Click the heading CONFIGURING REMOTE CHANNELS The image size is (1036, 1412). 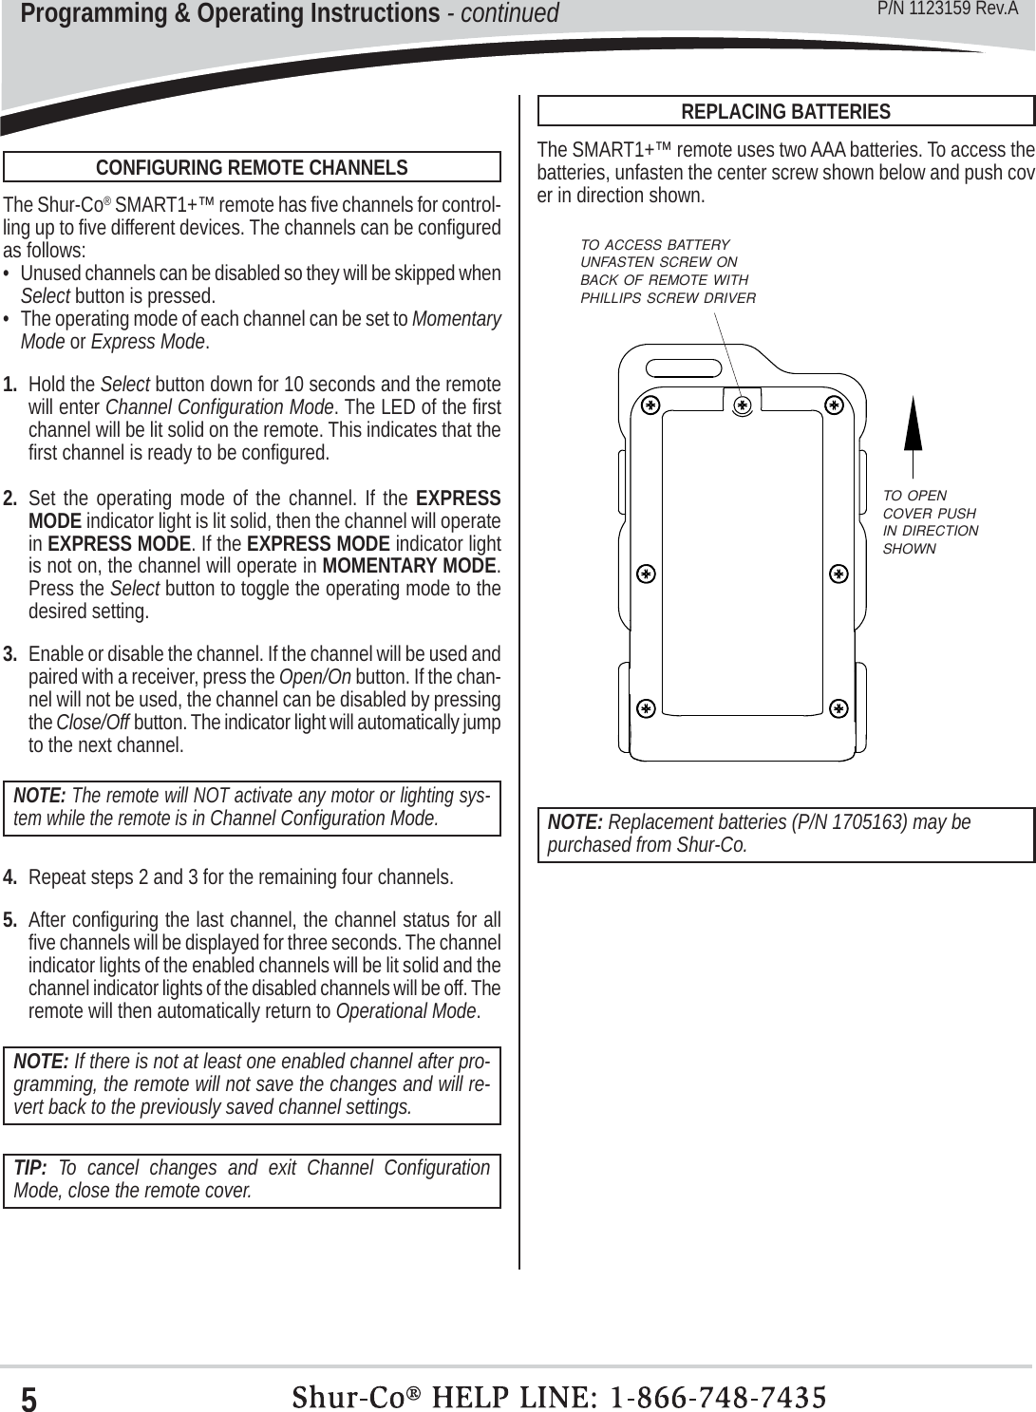pos(252,168)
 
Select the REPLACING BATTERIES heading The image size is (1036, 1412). pos(785,112)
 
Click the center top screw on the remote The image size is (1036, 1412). pos(743,405)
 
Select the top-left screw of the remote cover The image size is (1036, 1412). pos(650,405)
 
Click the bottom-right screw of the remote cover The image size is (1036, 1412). pos(838,708)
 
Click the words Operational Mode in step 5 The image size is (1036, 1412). pos(406,1011)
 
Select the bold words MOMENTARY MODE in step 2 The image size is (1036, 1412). pos(409,566)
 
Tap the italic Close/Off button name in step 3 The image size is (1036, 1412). pos(93,723)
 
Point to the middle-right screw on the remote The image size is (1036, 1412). pos(838,574)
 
